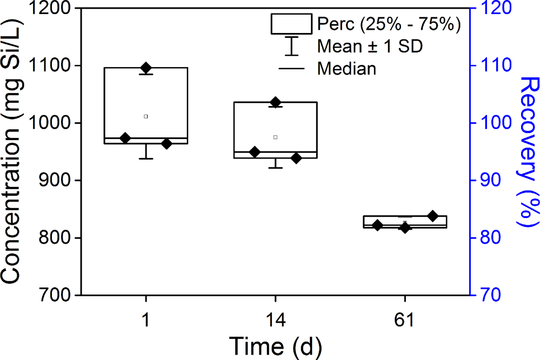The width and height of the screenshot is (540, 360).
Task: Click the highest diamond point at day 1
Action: pos(146,68)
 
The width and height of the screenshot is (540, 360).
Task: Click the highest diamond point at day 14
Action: pos(275,102)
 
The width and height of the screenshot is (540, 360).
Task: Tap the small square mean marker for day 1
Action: pos(146,116)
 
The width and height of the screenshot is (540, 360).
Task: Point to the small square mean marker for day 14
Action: pos(275,137)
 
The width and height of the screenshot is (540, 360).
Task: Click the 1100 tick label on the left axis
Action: pos(56,66)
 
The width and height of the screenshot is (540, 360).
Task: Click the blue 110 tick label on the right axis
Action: pos(490,66)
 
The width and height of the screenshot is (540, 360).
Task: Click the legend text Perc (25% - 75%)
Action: pos(389,24)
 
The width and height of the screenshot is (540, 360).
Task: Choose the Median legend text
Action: pos(347,69)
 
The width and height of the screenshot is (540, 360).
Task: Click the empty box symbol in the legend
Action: pos(291,24)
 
